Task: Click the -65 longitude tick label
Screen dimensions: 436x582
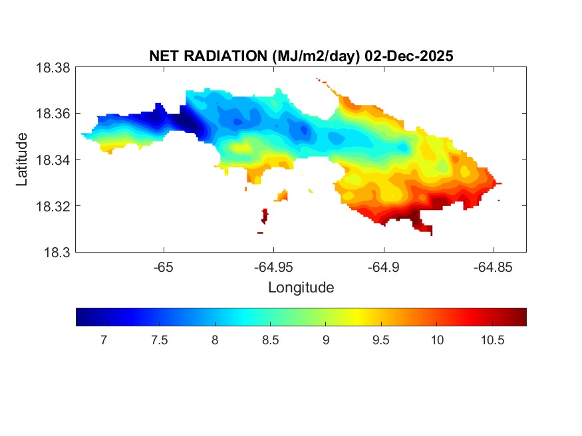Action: point(164,267)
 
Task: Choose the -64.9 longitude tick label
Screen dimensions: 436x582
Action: point(383,267)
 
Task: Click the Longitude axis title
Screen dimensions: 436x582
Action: point(301,288)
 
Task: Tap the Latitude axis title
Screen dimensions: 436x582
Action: point(23,160)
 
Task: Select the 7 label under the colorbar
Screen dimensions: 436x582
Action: point(104,340)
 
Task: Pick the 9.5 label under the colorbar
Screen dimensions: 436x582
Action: point(380,340)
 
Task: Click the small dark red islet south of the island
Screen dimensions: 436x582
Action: point(265,215)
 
